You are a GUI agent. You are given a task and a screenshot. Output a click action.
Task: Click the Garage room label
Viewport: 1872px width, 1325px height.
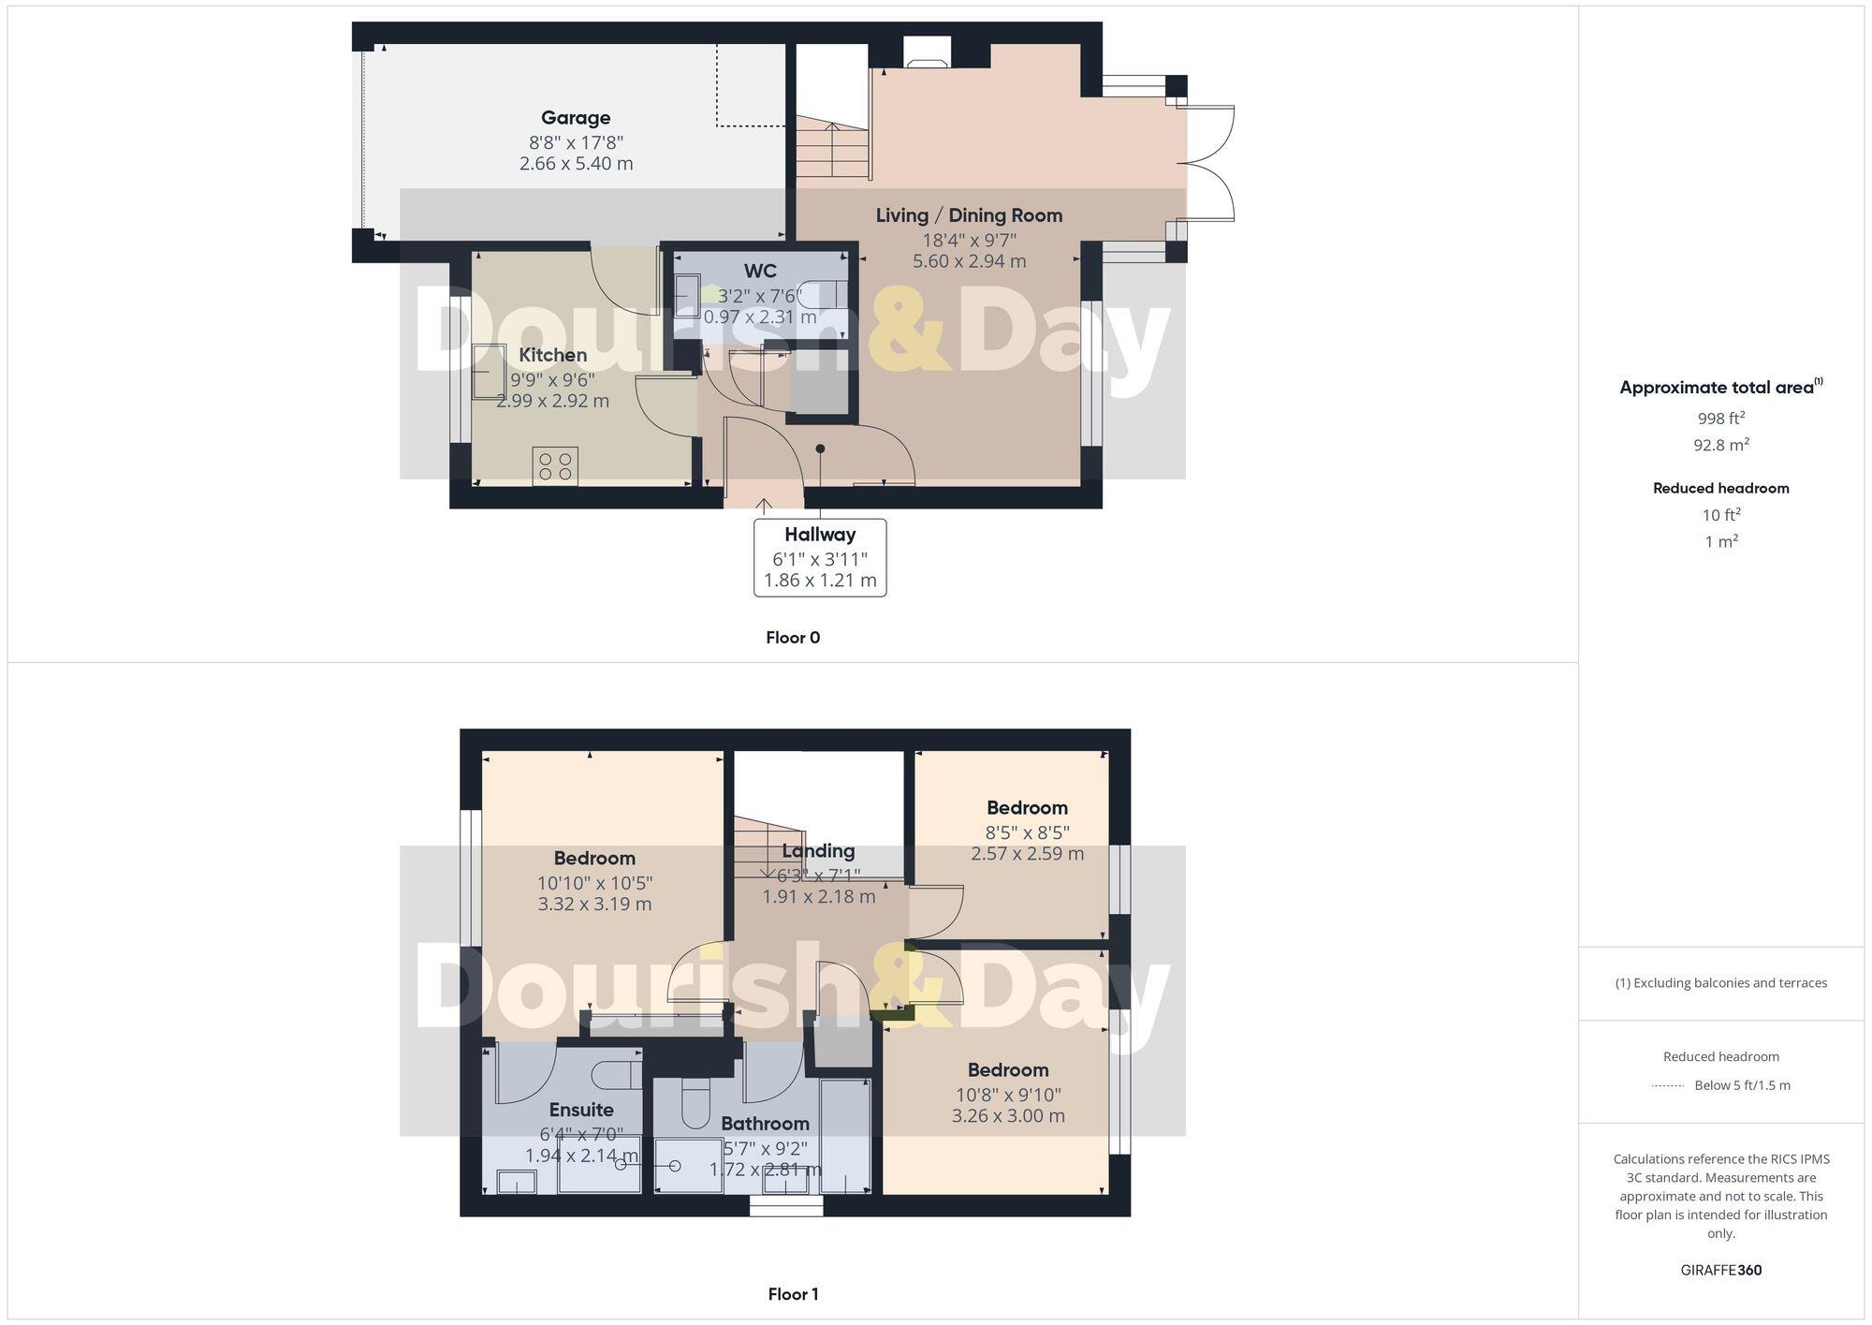(x=576, y=118)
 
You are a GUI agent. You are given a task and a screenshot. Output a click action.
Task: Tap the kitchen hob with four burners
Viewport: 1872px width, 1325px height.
(x=555, y=466)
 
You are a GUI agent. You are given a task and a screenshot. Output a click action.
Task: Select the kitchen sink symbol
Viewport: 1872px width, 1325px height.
(x=487, y=372)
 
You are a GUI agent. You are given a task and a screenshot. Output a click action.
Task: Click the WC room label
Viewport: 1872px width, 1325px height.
(x=760, y=272)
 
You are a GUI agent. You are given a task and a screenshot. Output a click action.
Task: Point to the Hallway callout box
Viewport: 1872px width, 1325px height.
(x=820, y=557)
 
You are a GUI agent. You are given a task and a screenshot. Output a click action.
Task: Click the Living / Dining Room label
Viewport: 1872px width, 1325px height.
(x=969, y=215)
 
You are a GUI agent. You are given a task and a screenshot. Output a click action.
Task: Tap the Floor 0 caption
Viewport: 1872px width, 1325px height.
(x=793, y=638)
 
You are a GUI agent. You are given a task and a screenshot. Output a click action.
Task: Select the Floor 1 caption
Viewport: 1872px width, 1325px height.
(x=793, y=1294)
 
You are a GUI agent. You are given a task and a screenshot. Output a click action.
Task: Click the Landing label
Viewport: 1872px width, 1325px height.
(x=818, y=851)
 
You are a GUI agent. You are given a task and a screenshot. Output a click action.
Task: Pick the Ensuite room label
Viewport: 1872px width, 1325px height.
(x=581, y=1110)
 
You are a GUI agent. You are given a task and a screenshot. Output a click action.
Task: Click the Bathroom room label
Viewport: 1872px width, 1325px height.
(x=765, y=1124)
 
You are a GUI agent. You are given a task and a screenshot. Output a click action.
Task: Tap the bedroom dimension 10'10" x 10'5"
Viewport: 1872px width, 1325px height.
(x=594, y=883)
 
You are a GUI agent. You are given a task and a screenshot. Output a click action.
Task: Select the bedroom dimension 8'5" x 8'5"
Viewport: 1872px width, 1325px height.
(x=1027, y=832)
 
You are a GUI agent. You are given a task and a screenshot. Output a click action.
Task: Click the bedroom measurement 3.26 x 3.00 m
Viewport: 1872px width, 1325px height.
(x=1008, y=1116)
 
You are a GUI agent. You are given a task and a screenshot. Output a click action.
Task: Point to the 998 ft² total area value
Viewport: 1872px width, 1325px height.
(x=1720, y=419)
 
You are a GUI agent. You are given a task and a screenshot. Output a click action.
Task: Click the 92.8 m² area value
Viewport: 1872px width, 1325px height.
(x=1720, y=445)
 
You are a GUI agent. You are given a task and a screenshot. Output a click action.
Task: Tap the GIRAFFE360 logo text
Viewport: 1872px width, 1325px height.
(x=1720, y=1271)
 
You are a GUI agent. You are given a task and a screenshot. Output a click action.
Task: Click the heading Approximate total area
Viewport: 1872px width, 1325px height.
(x=1717, y=388)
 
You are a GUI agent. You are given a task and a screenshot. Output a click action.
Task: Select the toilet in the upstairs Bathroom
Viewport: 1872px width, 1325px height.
(x=695, y=1105)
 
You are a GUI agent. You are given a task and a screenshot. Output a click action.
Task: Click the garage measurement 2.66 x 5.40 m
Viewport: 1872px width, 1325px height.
(x=576, y=164)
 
